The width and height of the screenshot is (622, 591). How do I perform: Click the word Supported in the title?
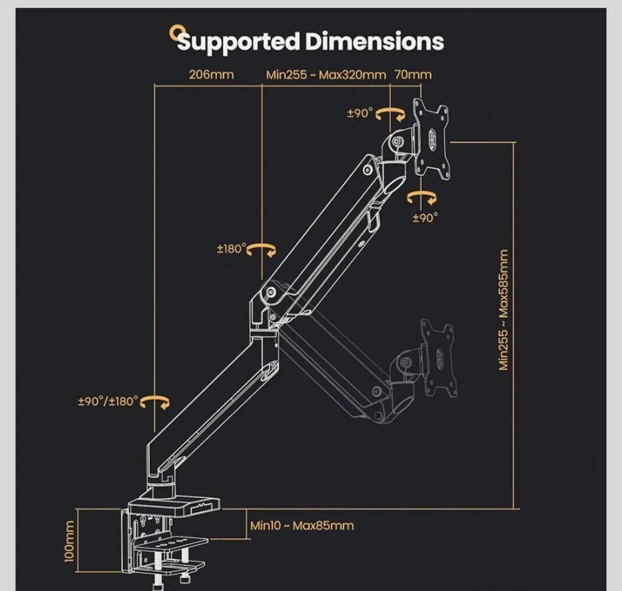coord(238,42)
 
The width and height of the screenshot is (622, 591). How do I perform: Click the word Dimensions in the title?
coord(374,41)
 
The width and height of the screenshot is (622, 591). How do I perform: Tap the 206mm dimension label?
coord(211,74)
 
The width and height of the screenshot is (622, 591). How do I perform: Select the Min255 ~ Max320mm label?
coord(326,74)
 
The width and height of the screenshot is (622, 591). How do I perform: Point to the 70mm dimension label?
coord(413,74)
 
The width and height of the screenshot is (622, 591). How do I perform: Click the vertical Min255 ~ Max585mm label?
coord(503,310)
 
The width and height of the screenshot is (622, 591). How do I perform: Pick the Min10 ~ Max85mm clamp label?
coord(302,526)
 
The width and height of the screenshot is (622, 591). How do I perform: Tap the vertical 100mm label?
coord(69,541)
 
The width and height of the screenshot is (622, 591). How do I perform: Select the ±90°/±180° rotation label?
coord(108,401)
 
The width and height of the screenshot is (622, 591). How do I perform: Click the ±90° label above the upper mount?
coord(360,113)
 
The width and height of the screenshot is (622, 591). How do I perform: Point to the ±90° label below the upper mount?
coord(425,218)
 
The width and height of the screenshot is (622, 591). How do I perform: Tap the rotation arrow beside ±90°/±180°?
coord(155,402)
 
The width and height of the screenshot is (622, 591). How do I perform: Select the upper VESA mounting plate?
coord(431,139)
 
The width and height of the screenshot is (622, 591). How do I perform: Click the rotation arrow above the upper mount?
coord(390,114)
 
